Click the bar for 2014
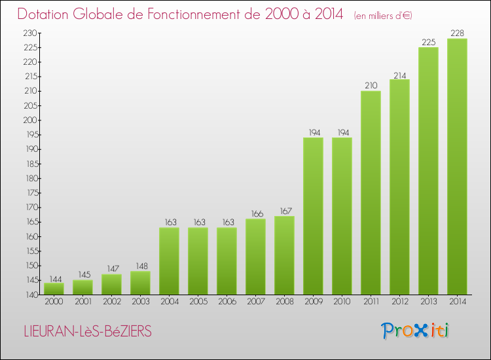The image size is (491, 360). click(x=457, y=166)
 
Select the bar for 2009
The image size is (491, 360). click(x=313, y=216)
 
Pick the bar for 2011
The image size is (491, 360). click(x=371, y=192)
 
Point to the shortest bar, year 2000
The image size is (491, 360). click(x=54, y=289)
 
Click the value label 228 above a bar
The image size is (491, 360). click(x=457, y=33)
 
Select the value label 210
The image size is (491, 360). click(x=371, y=86)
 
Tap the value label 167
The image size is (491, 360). click(x=284, y=211)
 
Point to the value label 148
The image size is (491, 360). click(x=140, y=266)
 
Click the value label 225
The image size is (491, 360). click(x=428, y=42)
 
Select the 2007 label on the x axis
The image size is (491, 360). click(x=255, y=301)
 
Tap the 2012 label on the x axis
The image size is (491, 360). click(x=399, y=301)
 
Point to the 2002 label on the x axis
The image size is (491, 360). click(x=111, y=301)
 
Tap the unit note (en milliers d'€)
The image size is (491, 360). click(x=382, y=16)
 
